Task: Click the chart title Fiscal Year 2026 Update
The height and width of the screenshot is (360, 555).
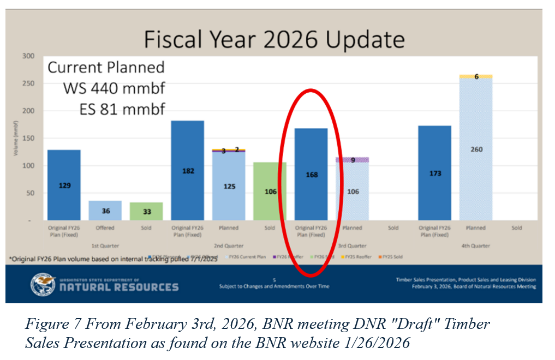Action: click(x=274, y=40)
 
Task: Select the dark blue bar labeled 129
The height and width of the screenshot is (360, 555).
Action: click(x=64, y=185)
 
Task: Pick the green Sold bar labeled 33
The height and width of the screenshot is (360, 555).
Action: click(x=146, y=211)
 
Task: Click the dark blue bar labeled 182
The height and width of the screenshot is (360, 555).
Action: click(x=188, y=170)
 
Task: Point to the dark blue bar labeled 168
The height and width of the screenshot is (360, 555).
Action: click(x=311, y=175)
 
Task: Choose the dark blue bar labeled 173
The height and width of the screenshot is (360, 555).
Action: click(x=434, y=173)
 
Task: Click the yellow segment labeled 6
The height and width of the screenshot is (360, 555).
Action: click(x=476, y=76)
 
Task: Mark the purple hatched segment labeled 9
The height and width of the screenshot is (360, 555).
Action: click(x=353, y=160)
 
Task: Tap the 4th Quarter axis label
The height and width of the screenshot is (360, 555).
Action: click(x=476, y=246)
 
